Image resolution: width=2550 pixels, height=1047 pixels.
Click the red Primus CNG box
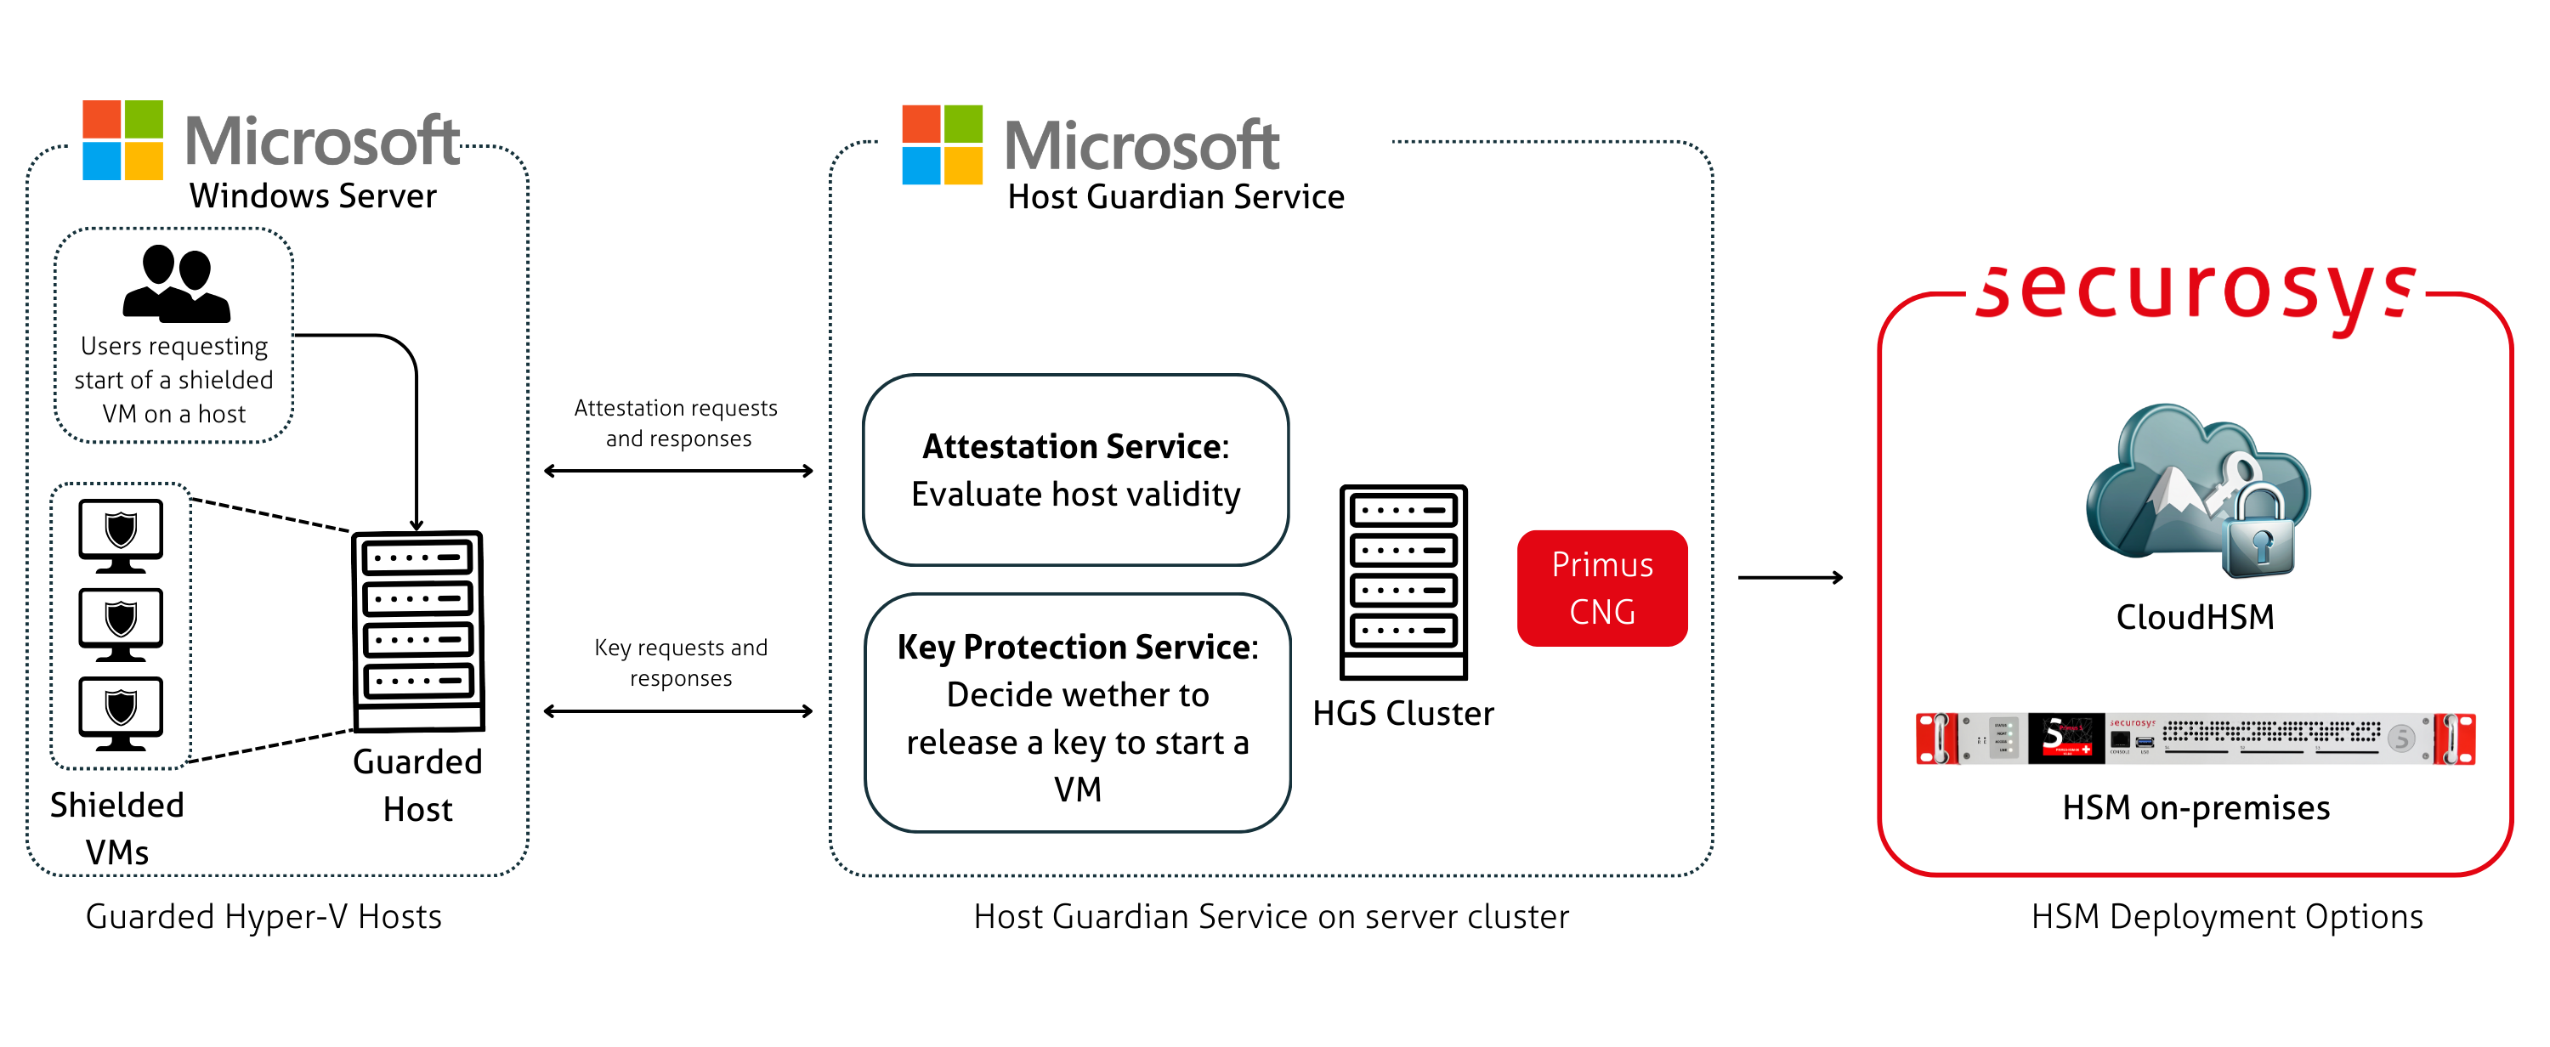[x=1601, y=588]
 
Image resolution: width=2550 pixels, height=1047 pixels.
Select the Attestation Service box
[x=1075, y=470]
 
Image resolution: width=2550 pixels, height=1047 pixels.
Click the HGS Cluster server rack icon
[x=1402, y=582]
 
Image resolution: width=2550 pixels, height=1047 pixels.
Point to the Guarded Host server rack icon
[x=417, y=631]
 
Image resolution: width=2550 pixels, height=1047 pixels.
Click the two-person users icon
[x=176, y=284]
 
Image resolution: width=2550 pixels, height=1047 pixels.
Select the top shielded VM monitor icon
[x=121, y=535]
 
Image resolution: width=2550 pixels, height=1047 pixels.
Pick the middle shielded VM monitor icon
[x=121, y=625]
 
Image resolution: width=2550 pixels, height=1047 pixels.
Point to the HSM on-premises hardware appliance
[x=2195, y=739]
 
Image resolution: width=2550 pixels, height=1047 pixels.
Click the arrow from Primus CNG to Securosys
[x=1790, y=577]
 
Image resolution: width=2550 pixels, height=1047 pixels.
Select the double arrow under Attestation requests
[x=678, y=471]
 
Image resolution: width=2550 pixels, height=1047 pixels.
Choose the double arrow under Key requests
[x=678, y=710]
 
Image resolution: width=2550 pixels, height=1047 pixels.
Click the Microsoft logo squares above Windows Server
[x=122, y=139]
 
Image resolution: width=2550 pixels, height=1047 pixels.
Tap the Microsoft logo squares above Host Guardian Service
[x=942, y=144]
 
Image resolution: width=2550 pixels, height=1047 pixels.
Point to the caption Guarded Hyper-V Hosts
[x=263, y=916]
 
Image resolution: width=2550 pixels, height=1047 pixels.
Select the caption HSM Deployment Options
[x=2226, y=916]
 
